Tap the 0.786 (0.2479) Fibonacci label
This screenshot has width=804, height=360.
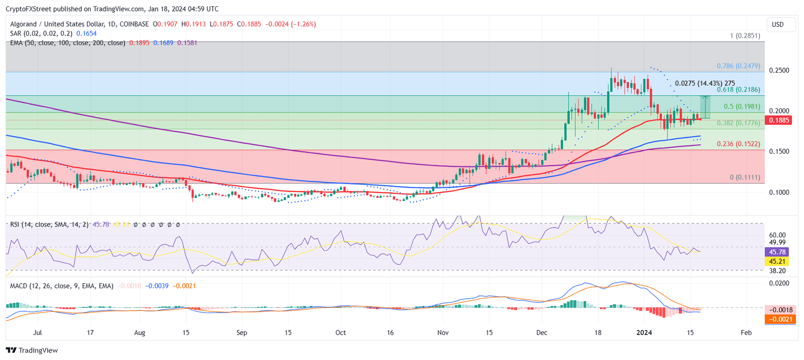tap(738, 67)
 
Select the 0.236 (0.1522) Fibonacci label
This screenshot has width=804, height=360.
tap(738, 144)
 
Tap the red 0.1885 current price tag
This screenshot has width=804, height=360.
tap(778, 120)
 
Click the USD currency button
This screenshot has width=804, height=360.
tap(778, 25)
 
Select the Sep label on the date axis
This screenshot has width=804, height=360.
tap(241, 332)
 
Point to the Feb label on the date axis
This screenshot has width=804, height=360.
tap(746, 332)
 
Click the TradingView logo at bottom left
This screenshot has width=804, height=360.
tap(32, 350)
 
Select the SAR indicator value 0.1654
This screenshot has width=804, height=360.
tap(86, 33)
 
